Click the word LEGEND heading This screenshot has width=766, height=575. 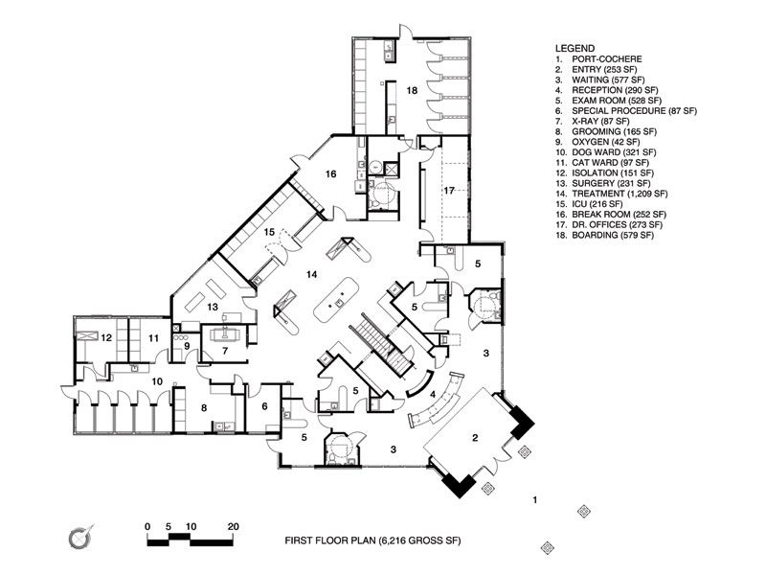click(x=575, y=47)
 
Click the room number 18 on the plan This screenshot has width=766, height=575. click(x=412, y=90)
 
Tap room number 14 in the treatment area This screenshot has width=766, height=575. click(x=311, y=275)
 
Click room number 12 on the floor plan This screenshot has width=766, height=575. click(x=107, y=337)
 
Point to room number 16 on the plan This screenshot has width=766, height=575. click(x=330, y=174)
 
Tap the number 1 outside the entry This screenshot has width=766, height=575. click(x=536, y=499)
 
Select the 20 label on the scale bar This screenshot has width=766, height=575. click(x=233, y=527)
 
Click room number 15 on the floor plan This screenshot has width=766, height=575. click(x=270, y=232)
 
